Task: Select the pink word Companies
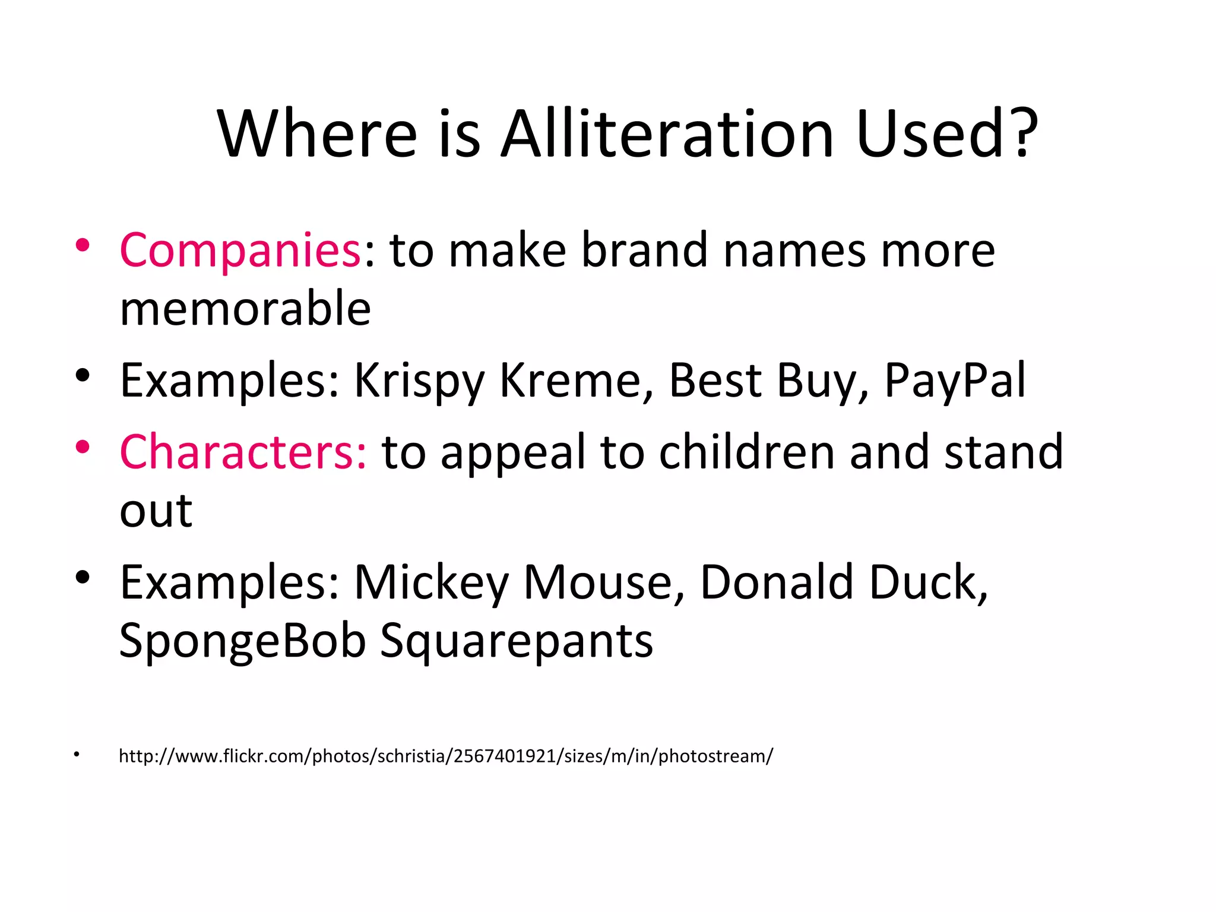[240, 251]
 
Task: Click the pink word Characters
[243, 452]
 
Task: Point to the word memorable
[245, 309]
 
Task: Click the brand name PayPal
[955, 380]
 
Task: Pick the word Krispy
[420, 381]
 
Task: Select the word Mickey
[431, 583]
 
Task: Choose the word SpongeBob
[242, 641]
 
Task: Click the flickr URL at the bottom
[446, 756]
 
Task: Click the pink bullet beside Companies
[83, 245]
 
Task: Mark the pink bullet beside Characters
[83, 447]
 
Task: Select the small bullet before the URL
[77, 755]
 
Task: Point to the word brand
[644, 251]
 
